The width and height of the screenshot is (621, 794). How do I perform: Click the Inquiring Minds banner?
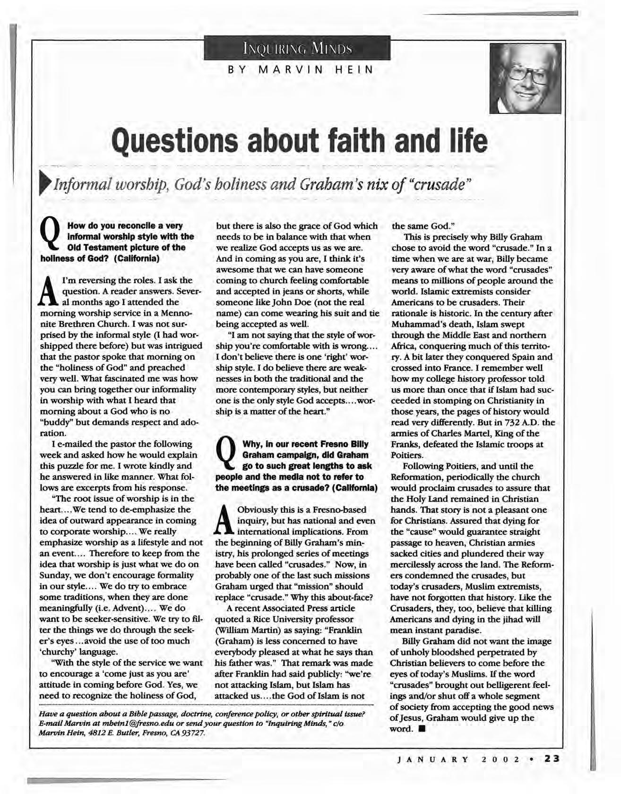[x=297, y=48]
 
